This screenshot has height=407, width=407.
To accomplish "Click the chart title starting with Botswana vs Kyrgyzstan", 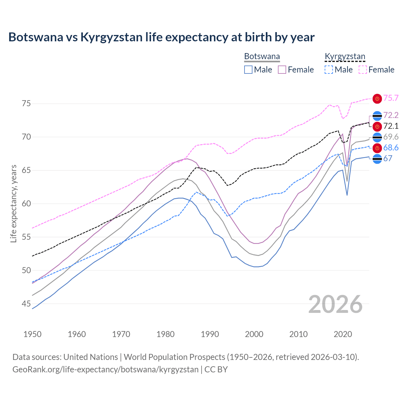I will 162,37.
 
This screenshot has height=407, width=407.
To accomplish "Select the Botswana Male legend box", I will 248,70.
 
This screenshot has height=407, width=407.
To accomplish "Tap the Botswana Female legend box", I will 282,70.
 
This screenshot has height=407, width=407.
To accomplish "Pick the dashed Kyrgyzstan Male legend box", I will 329,70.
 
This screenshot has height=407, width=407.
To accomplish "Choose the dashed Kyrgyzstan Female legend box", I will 363,70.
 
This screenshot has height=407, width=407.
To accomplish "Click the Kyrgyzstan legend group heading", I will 345,57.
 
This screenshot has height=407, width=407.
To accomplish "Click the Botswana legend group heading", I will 262,57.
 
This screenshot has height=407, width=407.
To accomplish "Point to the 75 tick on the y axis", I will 26,104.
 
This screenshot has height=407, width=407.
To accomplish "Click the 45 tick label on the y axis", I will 26,304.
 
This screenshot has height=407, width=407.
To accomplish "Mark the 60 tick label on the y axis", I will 26,204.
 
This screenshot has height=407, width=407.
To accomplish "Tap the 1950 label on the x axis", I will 32,334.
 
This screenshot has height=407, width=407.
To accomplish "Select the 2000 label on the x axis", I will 254,334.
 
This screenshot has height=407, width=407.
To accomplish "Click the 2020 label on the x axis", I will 343,334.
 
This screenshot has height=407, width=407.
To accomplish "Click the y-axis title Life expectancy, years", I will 13,203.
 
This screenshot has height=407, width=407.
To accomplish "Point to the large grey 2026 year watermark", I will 335,304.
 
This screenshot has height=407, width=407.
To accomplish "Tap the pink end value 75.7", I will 391,98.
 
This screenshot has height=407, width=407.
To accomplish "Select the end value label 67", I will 388,158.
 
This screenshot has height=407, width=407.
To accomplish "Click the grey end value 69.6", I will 391,137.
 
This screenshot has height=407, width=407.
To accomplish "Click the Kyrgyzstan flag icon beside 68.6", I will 377,148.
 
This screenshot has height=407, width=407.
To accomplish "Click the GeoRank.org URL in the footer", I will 105,369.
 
